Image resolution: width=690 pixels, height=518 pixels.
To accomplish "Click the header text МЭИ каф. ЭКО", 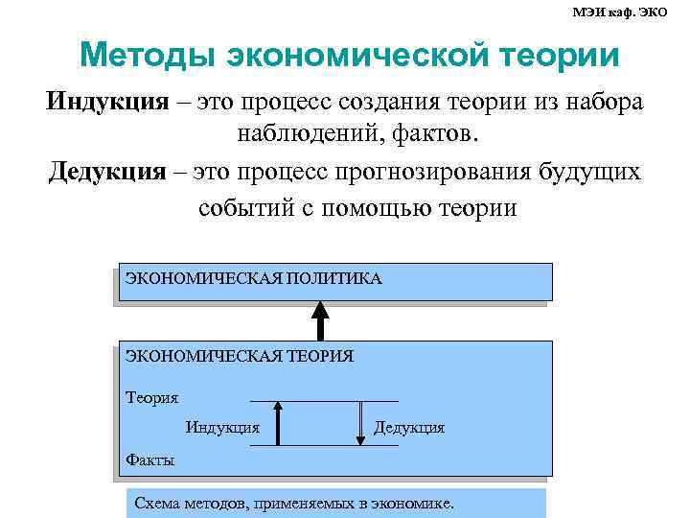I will click(632, 12).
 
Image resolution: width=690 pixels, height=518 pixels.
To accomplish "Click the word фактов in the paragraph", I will click(439, 137).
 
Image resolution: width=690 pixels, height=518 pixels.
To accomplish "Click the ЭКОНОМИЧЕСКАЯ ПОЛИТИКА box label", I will click(254, 279).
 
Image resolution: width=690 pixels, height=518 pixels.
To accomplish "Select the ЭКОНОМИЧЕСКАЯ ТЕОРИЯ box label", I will click(240, 356).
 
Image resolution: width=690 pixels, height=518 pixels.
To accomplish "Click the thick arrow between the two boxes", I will click(321, 320).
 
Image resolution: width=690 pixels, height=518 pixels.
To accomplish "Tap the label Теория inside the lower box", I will click(152, 396).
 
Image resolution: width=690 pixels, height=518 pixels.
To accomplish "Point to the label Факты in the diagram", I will click(150, 459).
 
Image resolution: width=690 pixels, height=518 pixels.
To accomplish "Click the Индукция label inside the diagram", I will click(222, 427).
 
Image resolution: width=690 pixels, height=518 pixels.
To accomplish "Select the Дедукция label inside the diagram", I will click(409, 427).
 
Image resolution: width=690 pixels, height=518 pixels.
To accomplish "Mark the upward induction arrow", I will click(277, 424).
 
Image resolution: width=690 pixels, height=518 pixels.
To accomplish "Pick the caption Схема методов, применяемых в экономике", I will click(295, 503).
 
